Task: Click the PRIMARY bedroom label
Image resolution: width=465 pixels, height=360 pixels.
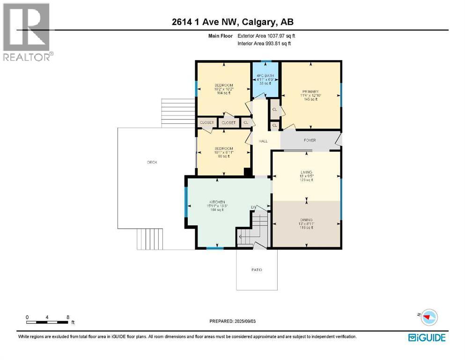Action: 310,91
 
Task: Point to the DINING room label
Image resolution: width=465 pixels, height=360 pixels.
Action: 306,219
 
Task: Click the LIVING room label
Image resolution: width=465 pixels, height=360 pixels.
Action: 306,172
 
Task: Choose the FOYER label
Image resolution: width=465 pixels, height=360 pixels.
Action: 310,140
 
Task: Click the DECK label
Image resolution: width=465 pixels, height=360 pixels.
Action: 152,162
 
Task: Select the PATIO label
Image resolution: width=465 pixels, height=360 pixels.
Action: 257,270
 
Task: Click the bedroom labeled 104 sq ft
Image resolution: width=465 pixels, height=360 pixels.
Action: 223,85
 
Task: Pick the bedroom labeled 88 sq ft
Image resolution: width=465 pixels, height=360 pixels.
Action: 223,149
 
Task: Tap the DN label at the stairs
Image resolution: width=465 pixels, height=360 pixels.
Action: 253,207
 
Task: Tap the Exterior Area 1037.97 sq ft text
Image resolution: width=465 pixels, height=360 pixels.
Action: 266,35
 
